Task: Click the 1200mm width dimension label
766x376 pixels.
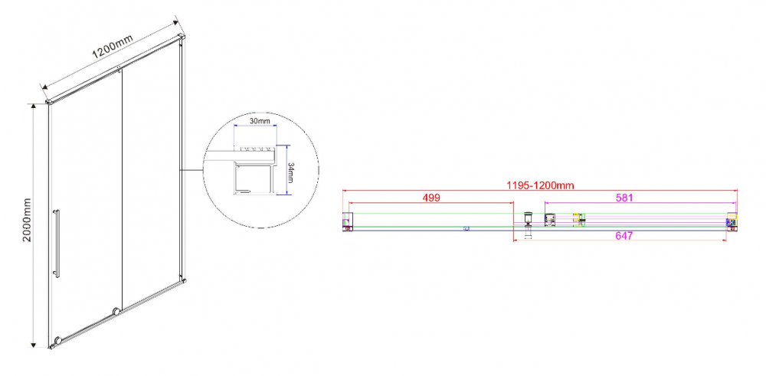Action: (112, 49)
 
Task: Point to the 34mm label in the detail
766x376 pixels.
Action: (290, 172)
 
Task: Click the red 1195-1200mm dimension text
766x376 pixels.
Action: (540, 185)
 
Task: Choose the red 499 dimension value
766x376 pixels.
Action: (431, 198)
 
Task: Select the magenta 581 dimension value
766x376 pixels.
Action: (624, 198)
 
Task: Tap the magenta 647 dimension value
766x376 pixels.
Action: (624, 236)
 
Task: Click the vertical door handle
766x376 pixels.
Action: (57, 244)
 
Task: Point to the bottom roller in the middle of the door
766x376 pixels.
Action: (116, 311)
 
